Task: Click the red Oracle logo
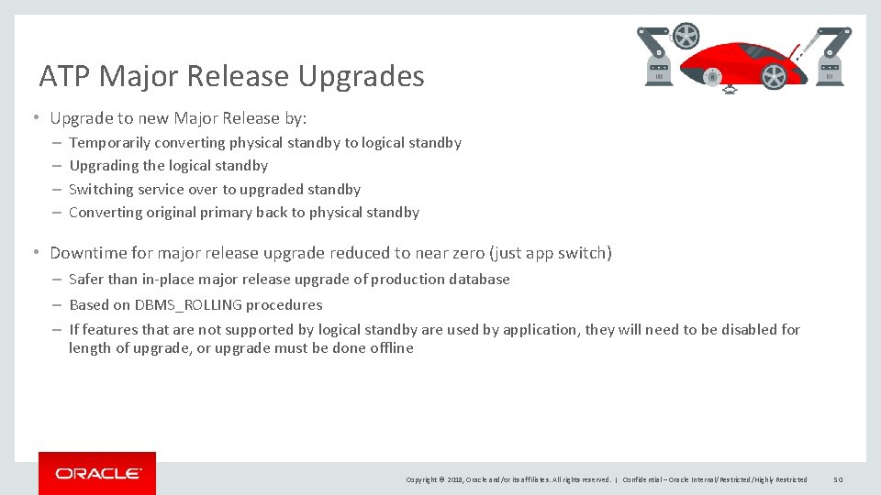click(x=97, y=473)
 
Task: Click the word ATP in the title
click(x=61, y=76)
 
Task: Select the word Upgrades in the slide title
click(x=361, y=76)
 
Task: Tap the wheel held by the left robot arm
click(x=685, y=37)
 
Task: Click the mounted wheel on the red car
click(x=774, y=78)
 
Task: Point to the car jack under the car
click(x=730, y=90)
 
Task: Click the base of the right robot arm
click(x=831, y=73)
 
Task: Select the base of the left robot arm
click(x=658, y=73)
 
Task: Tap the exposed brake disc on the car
click(x=712, y=78)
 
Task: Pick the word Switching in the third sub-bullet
click(x=101, y=190)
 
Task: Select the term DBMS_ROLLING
click(x=189, y=305)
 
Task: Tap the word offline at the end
click(x=392, y=348)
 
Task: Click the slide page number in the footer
click(x=838, y=479)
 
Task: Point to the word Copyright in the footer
click(x=422, y=479)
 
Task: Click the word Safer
click(x=87, y=280)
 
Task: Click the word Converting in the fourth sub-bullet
click(x=105, y=213)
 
